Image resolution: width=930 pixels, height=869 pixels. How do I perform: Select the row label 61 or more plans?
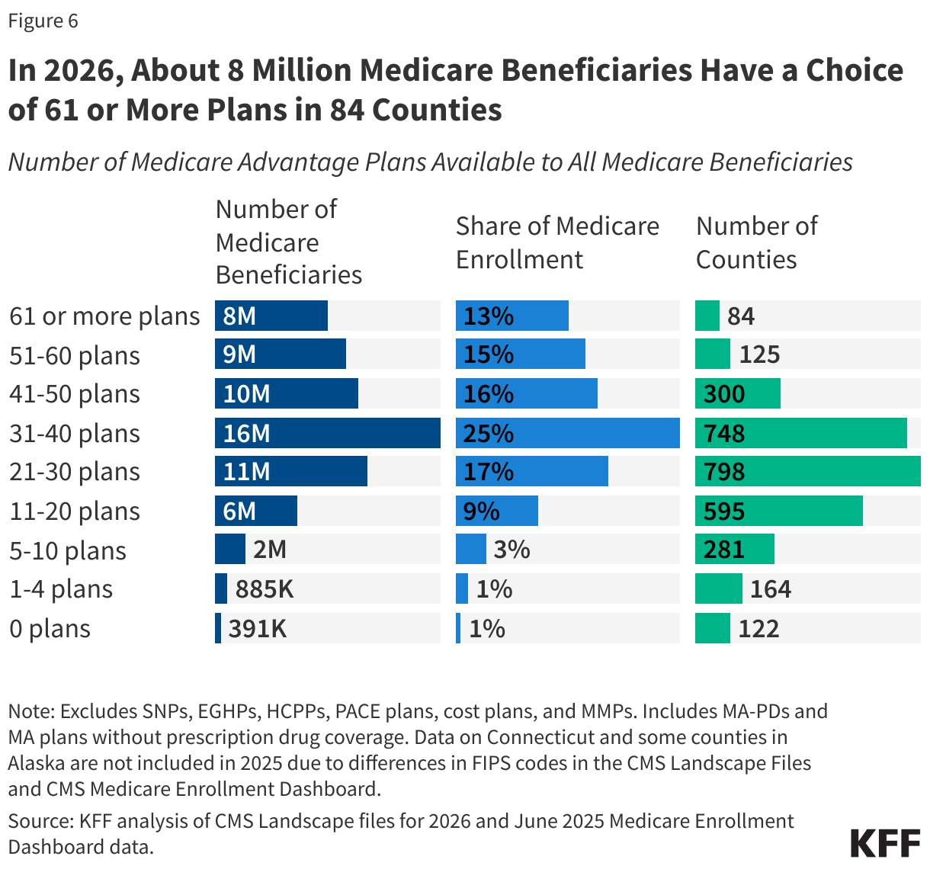pos(104,316)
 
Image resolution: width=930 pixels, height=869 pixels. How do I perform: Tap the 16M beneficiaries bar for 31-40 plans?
pos(327,433)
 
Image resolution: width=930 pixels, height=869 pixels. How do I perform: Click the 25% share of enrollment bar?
pos(567,433)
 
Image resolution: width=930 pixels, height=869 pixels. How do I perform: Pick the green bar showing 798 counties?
pos(807,472)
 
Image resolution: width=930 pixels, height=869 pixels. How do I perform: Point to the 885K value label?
pos(265,589)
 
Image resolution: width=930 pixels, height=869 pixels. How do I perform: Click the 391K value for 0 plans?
pos(258,629)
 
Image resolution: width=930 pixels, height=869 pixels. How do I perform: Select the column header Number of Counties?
pos(756,242)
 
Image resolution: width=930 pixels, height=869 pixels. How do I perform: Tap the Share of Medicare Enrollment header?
pos(557,242)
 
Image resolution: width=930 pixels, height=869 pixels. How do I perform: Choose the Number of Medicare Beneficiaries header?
pos(288,242)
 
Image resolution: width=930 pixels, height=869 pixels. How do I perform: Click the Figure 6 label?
pos(43,21)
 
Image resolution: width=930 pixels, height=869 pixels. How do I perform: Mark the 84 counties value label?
pos(740,316)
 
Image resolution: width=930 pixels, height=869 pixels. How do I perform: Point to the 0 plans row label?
pos(50,629)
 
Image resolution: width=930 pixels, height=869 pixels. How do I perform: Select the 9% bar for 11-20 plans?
pos(496,511)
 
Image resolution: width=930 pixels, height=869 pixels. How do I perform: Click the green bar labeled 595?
pos(778,511)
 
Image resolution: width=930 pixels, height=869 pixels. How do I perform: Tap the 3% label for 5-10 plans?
pos(511,550)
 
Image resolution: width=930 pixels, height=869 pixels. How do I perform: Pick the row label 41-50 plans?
pos(75,394)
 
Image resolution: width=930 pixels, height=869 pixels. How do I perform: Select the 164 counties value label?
pos(771,589)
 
